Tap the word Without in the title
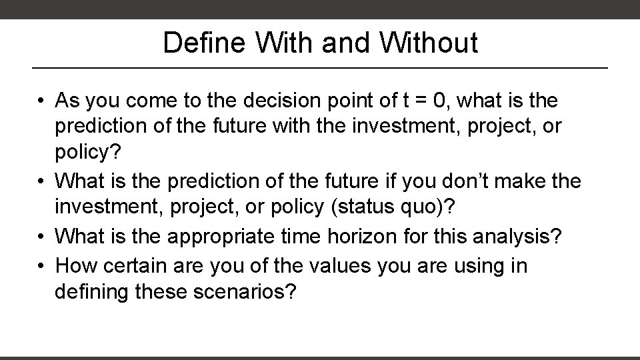point(429,43)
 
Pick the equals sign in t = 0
point(419,101)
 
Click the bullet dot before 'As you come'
point(41,101)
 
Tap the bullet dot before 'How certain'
point(41,267)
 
